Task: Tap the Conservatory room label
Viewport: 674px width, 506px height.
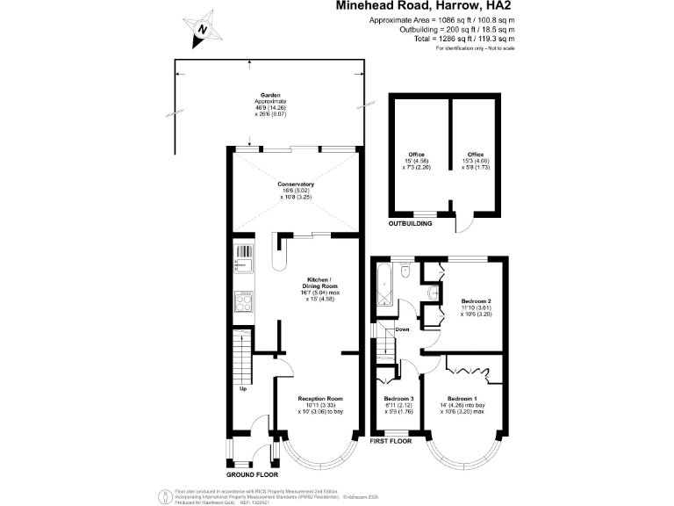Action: click(296, 190)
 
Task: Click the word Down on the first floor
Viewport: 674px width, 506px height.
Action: click(402, 329)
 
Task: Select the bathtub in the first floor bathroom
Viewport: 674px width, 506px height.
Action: click(383, 286)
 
